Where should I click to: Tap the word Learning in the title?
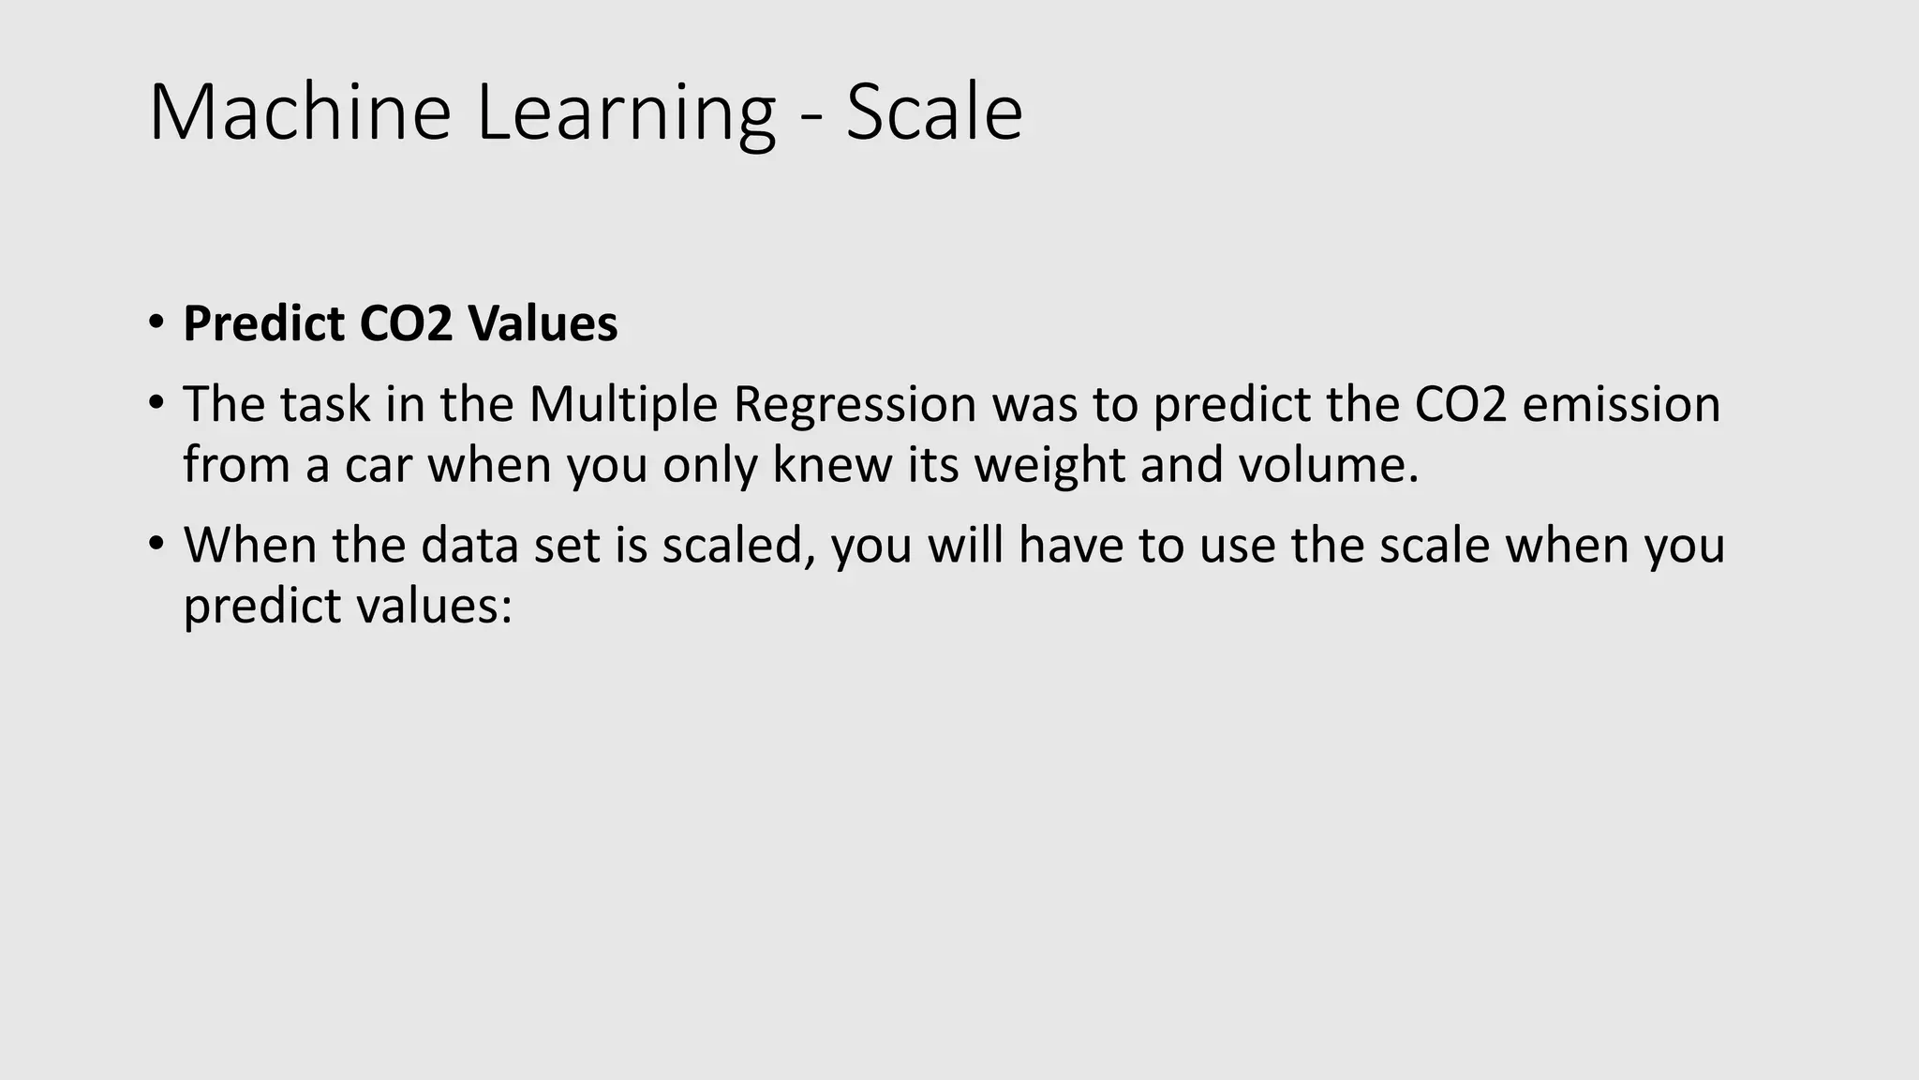click(626, 114)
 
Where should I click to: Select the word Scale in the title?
click(933, 112)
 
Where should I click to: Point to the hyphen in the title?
click(811, 118)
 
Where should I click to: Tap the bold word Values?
click(543, 323)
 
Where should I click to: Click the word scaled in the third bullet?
click(737, 546)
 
